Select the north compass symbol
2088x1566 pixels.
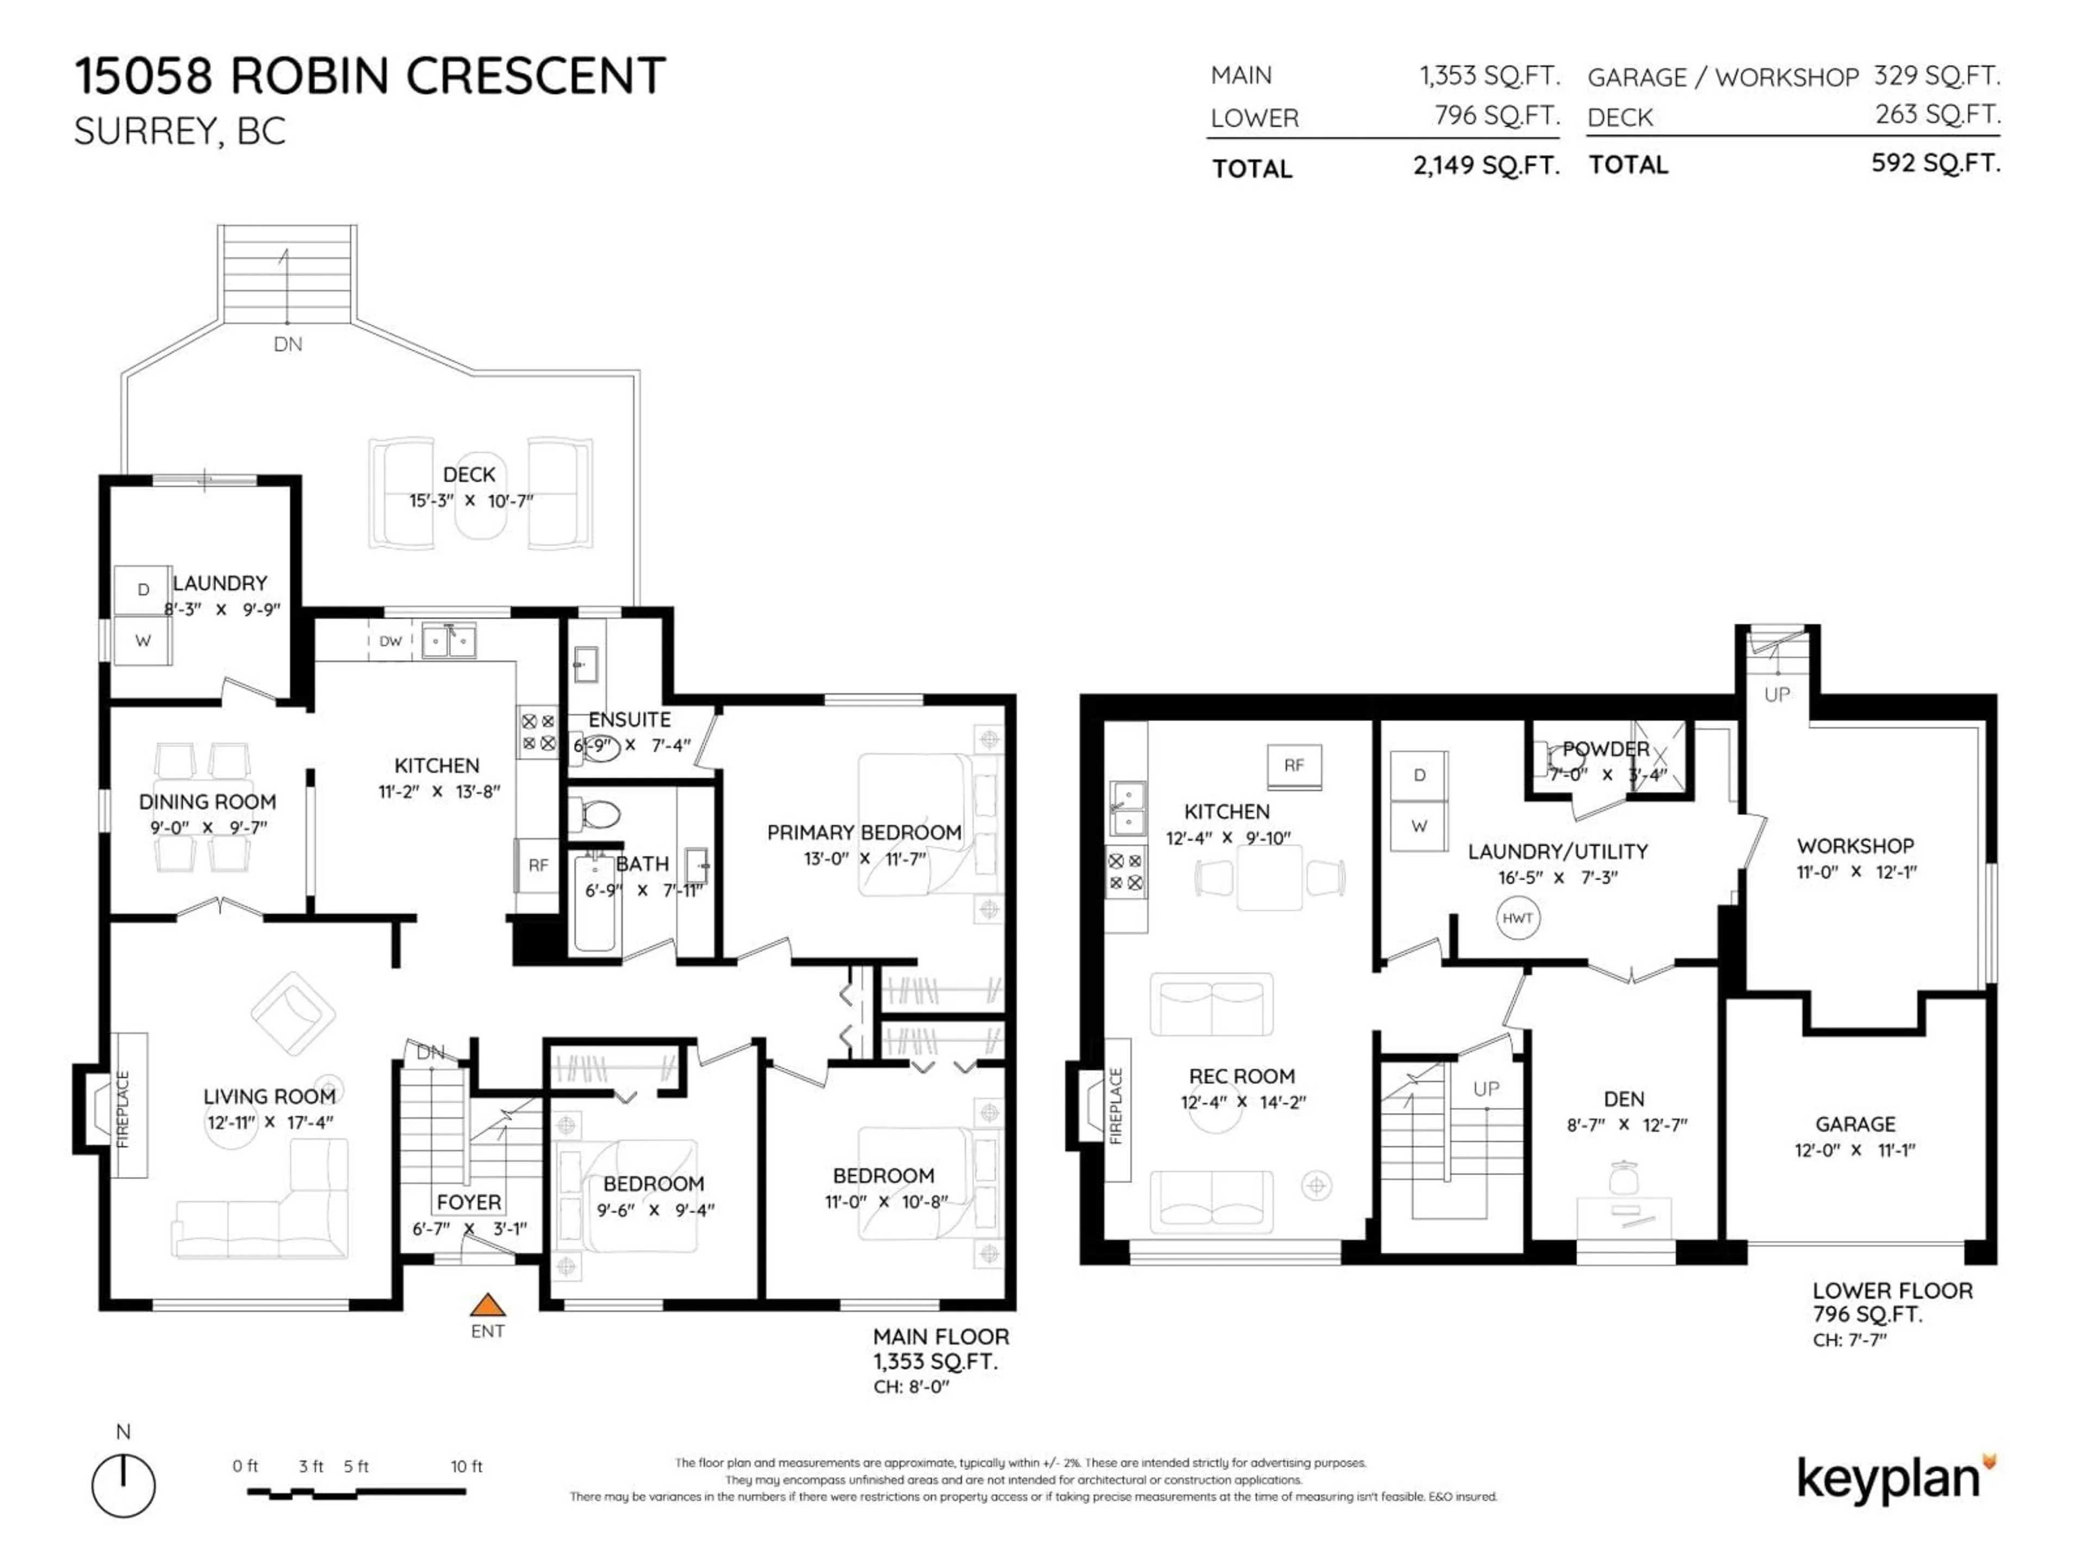123,1486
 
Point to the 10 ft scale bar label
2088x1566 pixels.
467,1466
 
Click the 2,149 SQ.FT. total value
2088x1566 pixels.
1486,167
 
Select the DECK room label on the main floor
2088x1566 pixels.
469,475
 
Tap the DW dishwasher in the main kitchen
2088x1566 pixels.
390,641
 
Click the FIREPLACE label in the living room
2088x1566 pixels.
123,1109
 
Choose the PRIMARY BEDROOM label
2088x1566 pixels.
863,832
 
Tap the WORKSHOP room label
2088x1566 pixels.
1855,846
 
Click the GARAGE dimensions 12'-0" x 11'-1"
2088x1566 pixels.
1855,1149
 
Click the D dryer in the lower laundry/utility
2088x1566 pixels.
1419,775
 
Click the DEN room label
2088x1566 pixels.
1624,1099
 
